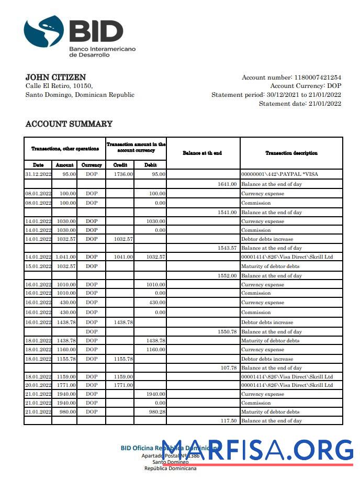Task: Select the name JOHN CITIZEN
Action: tap(55, 77)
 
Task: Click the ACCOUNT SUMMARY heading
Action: tap(69, 124)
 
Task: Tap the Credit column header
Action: tap(120, 165)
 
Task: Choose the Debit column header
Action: tap(150, 165)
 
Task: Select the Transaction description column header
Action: tap(291, 153)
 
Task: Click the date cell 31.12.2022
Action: tap(38, 174)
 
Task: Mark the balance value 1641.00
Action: tap(227, 184)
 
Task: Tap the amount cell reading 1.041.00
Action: tap(65, 257)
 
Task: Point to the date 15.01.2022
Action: tap(38, 266)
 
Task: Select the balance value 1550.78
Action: tap(227, 331)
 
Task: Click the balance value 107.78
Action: tap(229, 367)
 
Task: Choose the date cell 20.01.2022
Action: tap(38, 385)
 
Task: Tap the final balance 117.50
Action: tap(229, 421)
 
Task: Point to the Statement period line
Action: tap(276, 95)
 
